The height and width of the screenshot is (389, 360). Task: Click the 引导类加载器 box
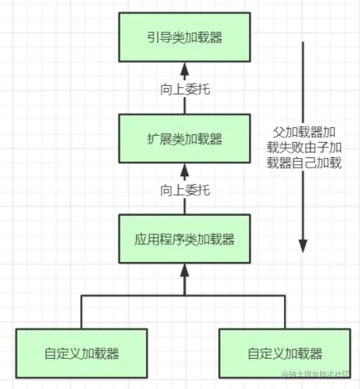coord(185,37)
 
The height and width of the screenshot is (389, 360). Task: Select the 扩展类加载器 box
coord(185,138)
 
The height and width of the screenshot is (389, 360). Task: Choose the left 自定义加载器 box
coord(82,353)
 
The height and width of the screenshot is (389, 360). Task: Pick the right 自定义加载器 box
coord(285,353)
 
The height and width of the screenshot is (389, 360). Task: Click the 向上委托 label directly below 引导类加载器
coord(185,89)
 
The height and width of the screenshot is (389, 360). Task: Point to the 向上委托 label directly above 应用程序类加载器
coord(185,190)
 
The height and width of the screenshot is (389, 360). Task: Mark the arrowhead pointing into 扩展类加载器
coord(185,168)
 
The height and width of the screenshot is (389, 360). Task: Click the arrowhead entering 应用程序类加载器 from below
coord(185,270)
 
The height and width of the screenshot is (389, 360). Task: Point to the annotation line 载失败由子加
coord(304,148)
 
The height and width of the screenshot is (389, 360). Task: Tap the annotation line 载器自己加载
coord(304,164)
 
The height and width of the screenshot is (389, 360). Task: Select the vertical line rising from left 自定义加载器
coord(82,310)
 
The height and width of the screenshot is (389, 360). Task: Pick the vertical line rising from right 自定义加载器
coord(284,310)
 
